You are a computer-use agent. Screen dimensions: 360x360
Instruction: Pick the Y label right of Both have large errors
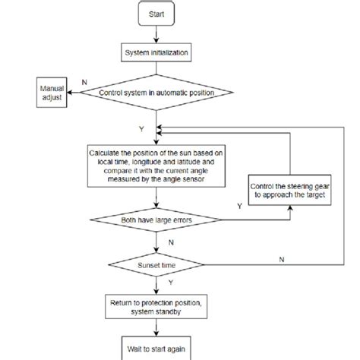[240, 205]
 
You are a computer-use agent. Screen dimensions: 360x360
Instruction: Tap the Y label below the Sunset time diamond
[141, 284]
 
